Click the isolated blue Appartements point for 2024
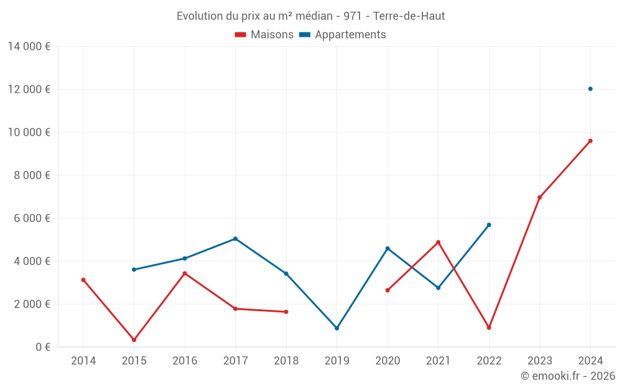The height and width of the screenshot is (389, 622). point(590,89)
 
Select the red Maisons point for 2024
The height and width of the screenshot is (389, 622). point(590,141)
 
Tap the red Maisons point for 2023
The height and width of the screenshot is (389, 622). point(539,197)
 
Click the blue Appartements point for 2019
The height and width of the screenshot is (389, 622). point(337,328)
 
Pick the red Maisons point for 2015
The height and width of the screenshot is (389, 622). point(134,340)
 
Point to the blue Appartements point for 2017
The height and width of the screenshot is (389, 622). point(235,238)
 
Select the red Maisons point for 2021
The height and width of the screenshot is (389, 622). point(438,242)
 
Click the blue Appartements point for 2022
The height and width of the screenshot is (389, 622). point(489,225)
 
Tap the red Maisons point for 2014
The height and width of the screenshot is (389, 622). point(83,280)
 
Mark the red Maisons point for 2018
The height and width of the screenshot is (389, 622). point(286,312)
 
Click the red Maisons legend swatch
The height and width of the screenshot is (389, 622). point(241,35)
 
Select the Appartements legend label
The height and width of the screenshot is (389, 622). point(350,35)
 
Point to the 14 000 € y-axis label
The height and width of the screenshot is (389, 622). point(29,46)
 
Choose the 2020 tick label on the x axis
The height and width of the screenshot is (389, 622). point(388,361)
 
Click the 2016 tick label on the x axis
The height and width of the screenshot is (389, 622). point(185,361)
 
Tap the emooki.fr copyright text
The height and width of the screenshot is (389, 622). point(568,376)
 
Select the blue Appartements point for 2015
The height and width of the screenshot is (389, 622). point(134,269)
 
